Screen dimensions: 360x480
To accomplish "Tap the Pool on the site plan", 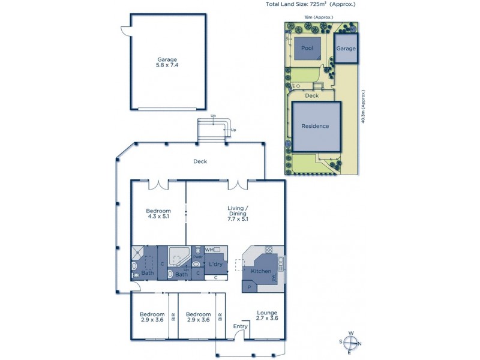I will [x=307, y=48].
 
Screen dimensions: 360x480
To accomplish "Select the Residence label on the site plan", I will [x=315, y=126].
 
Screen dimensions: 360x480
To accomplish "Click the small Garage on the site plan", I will [x=346, y=48].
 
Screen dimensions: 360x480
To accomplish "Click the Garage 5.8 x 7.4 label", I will [x=167, y=62].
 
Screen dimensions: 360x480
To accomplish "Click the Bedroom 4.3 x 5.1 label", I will [x=159, y=214].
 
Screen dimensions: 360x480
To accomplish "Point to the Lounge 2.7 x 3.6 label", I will [x=267, y=316].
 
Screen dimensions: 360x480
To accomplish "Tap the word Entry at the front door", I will [x=241, y=326].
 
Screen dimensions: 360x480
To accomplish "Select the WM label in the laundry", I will [x=209, y=249].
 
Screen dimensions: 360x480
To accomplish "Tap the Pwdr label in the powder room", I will [x=197, y=257].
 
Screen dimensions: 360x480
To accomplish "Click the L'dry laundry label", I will [x=215, y=265].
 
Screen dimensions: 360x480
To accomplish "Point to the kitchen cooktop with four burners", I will [x=268, y=251].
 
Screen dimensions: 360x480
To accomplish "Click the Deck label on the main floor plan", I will [x=200, y=161].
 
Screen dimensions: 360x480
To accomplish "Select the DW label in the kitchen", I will [x=274, y=278].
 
